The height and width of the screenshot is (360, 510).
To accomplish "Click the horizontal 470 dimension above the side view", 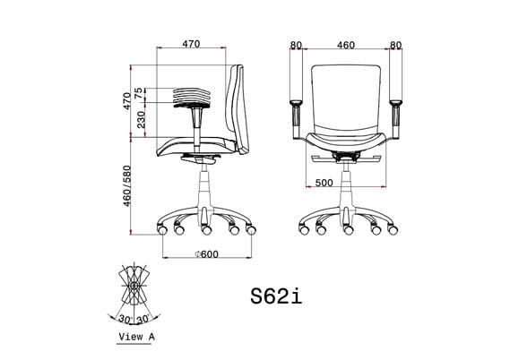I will pyautogui.click(x=190, y=43).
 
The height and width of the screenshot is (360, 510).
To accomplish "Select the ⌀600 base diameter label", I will pyautogui.click(x=206, y=254).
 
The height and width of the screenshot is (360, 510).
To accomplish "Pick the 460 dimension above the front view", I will pyautogui.click(x=345, y=43).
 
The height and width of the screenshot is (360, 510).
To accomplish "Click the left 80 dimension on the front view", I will pyautogui.click(x=297, y=43).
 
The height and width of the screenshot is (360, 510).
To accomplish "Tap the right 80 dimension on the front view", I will pyautogui.click(x=396, y=43).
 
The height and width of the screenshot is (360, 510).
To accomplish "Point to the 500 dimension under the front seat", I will pyautogui.click(x=324, y=183).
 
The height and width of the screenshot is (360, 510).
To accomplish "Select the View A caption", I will pyautogui.click(x=136, y=337).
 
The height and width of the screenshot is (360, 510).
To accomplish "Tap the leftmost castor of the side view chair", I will pyautogui.click(x=162, y=230).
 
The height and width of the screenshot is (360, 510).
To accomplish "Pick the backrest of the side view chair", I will pyautogui.click(x=238, y=107).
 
